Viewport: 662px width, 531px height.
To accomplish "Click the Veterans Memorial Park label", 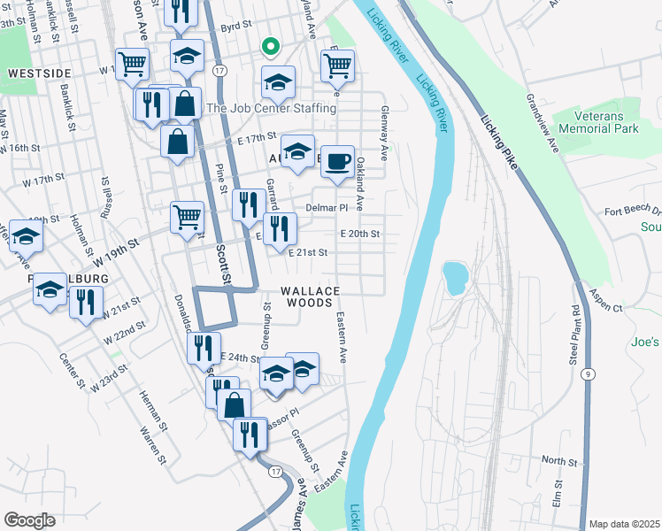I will [x=605, y=122].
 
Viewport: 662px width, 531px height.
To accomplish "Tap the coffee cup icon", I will [x=336, y=162].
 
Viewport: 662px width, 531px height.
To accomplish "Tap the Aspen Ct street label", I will [x=606, y=307].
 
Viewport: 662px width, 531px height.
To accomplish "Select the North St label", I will [x=558, y=461].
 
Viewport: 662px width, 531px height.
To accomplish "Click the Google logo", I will [x=29, y=519].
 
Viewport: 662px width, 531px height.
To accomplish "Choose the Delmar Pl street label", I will [x=327, y=208].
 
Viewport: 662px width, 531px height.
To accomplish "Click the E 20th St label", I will [x=359, y=234].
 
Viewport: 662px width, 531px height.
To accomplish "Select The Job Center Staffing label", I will [x=271, y=108].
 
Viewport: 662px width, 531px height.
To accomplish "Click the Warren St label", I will [x=152, y=445].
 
